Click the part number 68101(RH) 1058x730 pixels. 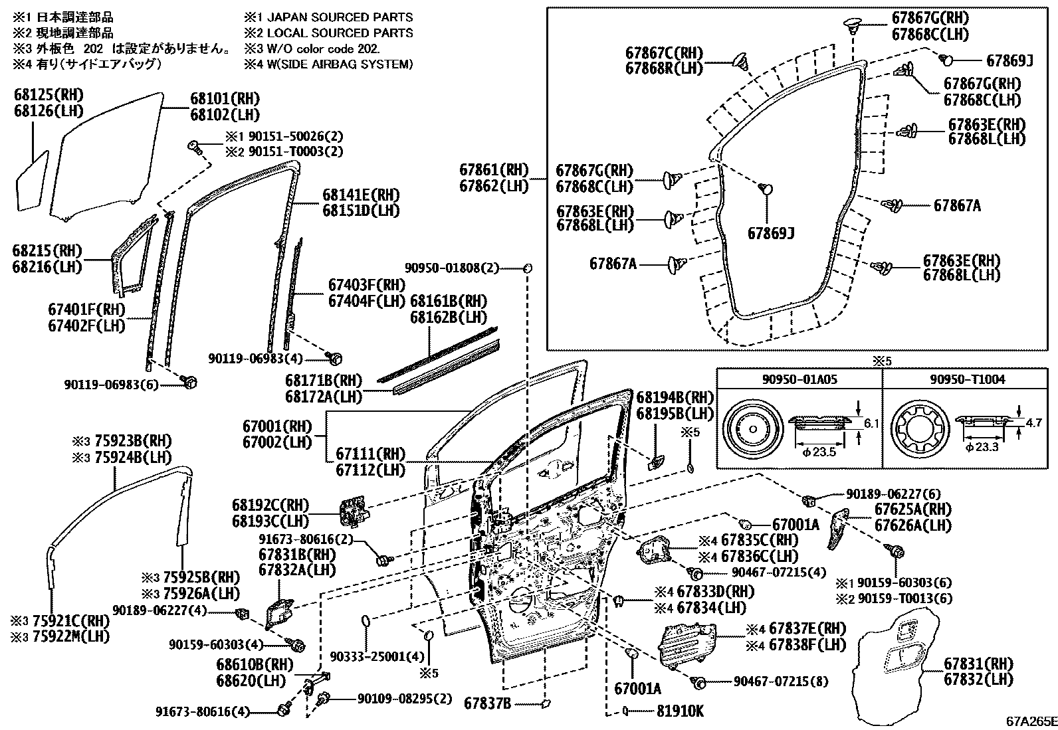coord(225,99)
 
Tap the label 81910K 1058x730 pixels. coord(679,711)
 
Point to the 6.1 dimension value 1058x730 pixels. coord(871,423)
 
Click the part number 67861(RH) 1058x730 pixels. coord(493,170)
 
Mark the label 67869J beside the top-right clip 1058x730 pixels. coord(1009,61)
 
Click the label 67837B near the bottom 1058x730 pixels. coord(487,703)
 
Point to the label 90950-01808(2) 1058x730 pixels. coord(451,268)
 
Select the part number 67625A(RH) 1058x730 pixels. coord(912,509)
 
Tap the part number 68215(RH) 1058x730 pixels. coord(47,251)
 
